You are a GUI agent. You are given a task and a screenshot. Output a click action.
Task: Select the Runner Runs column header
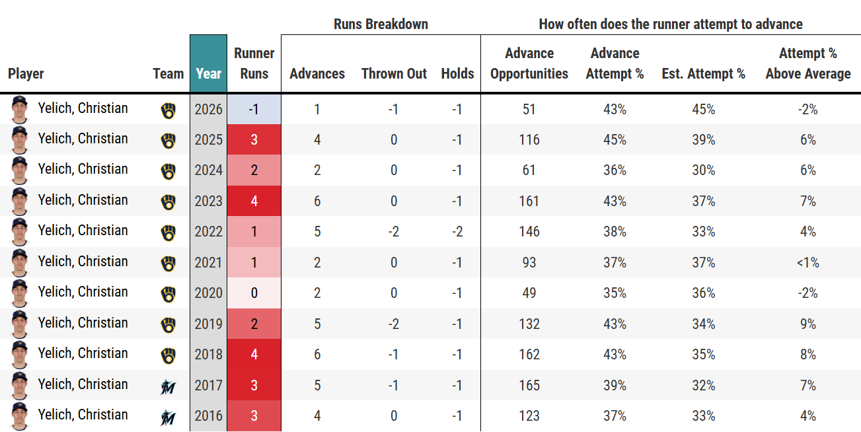[254, 63]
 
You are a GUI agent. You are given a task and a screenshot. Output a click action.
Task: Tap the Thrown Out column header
[394, 73]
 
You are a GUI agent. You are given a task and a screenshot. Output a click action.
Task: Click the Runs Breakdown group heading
[381, 24]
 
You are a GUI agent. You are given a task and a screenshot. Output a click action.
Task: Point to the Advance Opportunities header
[529, 63]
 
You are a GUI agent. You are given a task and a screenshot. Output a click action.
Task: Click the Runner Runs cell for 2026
[254, 109]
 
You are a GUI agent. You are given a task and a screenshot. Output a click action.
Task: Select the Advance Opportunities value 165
[529, 385]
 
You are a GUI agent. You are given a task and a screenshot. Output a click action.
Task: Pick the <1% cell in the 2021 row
[807, 262]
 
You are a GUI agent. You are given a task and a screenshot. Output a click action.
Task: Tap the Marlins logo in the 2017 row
[168, 386]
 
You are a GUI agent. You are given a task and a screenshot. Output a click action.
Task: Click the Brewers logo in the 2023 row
[168, 202]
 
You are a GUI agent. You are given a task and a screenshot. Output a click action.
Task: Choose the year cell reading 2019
[208, 324]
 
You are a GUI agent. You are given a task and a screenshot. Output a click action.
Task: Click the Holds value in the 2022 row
[457, 231]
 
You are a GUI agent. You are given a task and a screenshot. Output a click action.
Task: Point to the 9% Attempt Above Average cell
[808, 324]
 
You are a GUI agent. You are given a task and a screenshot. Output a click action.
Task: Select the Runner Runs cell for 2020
[254, 293]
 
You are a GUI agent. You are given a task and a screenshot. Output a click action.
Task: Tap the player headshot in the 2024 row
[19, 170]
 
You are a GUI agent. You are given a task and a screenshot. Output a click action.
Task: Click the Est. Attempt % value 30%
[704, 170]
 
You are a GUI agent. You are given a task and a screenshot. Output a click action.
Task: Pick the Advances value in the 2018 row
[317, 354]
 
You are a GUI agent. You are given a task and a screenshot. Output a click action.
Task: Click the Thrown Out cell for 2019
[393, 324]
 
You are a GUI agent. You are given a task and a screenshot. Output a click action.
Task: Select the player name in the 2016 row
[83, 415]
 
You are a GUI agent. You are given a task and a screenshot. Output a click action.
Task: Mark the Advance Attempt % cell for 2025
[615, 139]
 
